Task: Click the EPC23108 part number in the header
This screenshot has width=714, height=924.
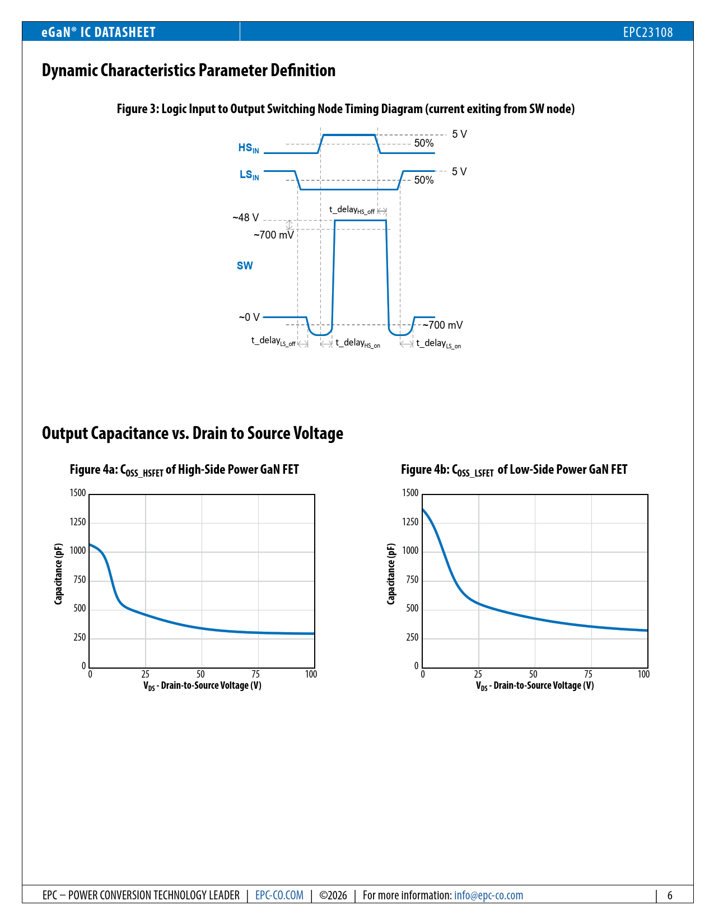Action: point(647,32)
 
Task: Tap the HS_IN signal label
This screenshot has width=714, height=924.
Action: point(249,148)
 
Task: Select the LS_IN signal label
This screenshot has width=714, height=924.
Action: point(249,175)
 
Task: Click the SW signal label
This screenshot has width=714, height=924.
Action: point(245,266)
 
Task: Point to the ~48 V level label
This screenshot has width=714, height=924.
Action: point(246,218)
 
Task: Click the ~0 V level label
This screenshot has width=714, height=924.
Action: point(249,318)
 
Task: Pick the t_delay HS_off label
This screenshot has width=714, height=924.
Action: point(352,210)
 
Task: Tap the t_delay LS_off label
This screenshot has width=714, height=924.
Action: point(273,341)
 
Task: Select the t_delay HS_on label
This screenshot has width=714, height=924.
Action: point(358,343)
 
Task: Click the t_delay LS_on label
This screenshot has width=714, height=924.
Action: point(438,344)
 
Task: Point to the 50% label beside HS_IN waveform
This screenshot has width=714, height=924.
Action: point(424,143)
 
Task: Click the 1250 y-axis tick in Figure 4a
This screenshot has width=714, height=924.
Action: point(78,522)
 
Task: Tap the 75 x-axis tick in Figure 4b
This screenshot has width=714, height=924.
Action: point(588,674)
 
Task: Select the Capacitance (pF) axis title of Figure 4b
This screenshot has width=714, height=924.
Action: point(391,573)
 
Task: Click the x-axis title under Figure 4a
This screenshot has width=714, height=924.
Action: point(202,685)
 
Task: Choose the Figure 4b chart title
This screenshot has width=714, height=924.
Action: point(514,470)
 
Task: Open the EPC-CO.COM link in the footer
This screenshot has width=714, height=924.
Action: point(279,895)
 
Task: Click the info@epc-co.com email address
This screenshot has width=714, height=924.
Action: point(488,895)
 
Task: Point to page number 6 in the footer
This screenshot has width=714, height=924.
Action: point(669,895)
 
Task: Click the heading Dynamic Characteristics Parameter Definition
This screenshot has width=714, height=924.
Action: point(189,71)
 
